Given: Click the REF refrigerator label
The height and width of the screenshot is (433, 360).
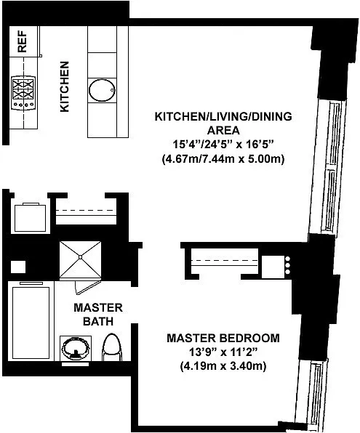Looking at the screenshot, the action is click(x=22, y=41).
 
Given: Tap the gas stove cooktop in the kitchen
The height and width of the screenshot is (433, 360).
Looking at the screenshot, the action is click(x=23, y=93).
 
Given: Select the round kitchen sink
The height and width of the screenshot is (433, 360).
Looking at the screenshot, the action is click(x=102, y=90).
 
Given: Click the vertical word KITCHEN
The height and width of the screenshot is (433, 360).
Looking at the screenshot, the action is click(x=65, y=86).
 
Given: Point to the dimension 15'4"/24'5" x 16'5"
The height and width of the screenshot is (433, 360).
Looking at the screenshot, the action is click(x=223, y=145).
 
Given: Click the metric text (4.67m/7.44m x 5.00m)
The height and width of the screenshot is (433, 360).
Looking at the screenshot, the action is click(x=223, y=159).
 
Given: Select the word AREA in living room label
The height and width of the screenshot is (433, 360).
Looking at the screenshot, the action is click(x=223, y=130).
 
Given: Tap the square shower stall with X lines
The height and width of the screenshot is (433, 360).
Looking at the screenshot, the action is click(x=80, y=259).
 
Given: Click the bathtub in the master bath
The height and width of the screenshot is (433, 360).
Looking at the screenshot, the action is click(x=31, y=323).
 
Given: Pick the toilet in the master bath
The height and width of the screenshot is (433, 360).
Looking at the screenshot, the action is click(x=112, y=347).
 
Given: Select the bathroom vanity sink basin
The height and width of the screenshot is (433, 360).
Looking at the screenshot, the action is click(x=76, y=348).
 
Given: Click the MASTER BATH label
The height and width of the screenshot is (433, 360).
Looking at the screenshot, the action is click(x=98, y=315).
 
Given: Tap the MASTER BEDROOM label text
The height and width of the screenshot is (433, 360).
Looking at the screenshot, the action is click(x=223, y=338).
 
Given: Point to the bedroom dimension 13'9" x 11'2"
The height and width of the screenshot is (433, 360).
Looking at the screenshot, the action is click(x=223, y=352).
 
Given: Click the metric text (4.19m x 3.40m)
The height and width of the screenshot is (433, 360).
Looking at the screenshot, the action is click(x=223, y=366).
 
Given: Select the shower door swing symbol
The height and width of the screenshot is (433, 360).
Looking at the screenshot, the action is click(x=87, y=287).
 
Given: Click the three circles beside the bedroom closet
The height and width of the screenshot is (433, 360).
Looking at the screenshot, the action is click(x=287, y=265).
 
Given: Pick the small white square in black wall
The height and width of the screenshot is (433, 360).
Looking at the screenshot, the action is click(x=18, y=267).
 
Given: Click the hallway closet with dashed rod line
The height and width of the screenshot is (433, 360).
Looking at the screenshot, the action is click(x=86, y=211).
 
